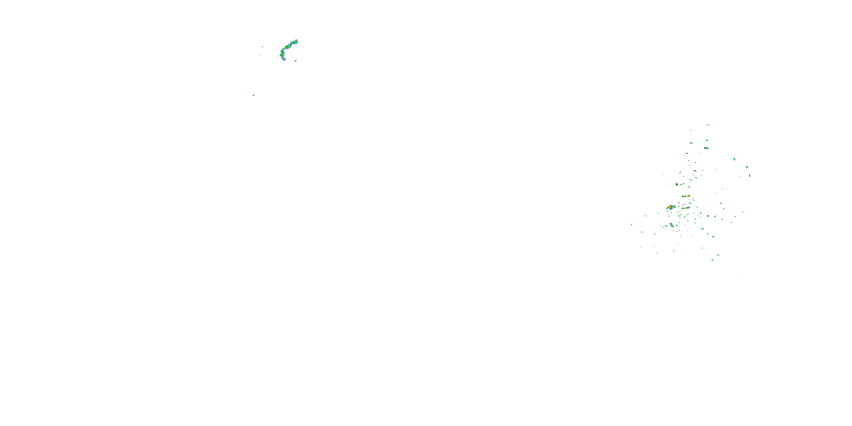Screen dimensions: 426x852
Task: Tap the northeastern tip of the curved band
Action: pos(296,41)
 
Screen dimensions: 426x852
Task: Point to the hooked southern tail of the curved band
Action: pos(283,59)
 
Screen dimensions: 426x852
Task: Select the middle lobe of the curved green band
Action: pos(288,47)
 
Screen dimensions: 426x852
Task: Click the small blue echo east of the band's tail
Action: pos(295,60)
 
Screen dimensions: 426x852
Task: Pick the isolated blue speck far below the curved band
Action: pos(253,95)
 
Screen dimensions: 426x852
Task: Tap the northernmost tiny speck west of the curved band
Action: pos(262,47)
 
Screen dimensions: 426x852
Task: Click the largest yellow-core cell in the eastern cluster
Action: pos(671,207)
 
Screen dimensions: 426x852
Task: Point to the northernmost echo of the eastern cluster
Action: pos(708,125)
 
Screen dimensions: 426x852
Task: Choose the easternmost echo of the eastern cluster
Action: pos(749,176)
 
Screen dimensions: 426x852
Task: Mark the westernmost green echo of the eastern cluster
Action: pos(631,225)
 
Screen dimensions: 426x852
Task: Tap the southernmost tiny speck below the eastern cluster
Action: pos(741,273)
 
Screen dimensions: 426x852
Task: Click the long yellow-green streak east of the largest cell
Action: pos(686,208)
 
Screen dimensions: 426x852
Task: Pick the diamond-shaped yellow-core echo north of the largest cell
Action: pos(677,184)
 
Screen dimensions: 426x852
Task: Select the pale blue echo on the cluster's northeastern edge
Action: pos(734,159)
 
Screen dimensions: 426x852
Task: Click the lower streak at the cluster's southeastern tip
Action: pos(713,260)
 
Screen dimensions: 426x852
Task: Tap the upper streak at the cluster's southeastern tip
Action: pos(719,255)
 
